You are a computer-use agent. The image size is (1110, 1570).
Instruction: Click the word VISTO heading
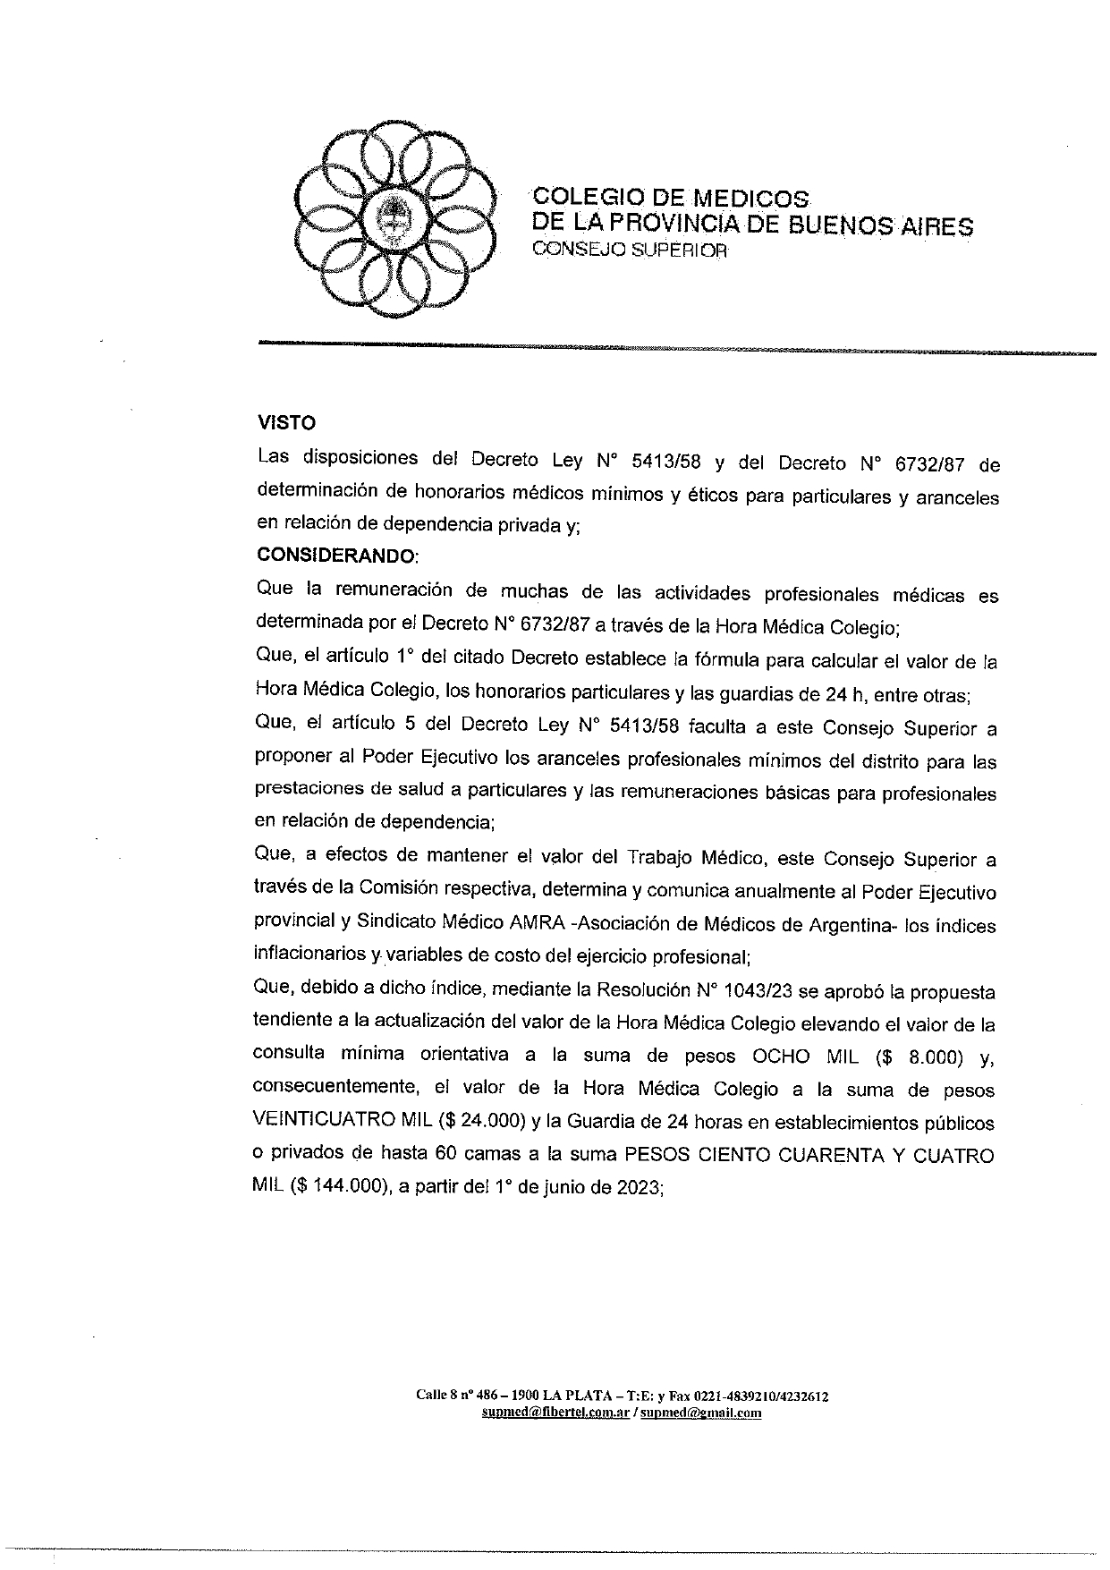click(286, 423)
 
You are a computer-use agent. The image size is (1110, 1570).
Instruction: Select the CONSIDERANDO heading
click(336, 556)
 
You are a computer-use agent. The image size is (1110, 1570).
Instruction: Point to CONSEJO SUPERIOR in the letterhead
click(631, 250)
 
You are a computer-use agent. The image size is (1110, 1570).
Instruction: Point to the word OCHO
click(781, 1057)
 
